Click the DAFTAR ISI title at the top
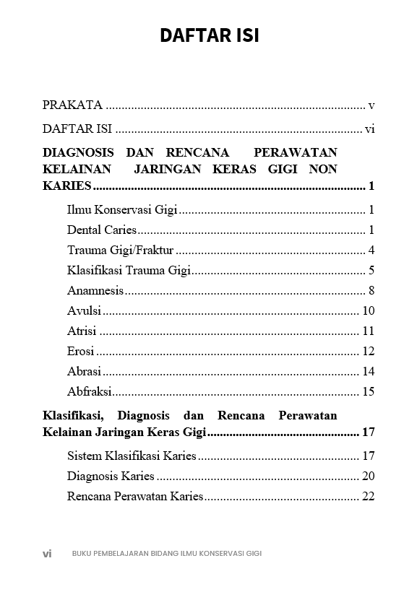(209, 35)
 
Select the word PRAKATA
(72, 105)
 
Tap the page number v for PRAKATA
(371, 105)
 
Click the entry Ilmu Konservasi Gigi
(121, 210)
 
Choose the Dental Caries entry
(101, 230)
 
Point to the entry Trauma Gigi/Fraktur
(120, 251)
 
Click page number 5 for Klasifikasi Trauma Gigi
(371, 271)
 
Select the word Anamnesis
(95, 291)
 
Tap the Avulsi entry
(84, 311)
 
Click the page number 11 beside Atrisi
(368, 331)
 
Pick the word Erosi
(81, 352)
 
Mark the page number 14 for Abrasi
(368, 372)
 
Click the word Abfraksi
(90, 392)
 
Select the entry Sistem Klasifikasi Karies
(132, 456)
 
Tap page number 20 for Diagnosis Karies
(368, 476)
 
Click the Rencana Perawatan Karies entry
(135, 497)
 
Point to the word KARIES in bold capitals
(66, 186)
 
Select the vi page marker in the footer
(47, 554)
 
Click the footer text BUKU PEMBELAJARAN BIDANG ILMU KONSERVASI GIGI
(166, 554)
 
